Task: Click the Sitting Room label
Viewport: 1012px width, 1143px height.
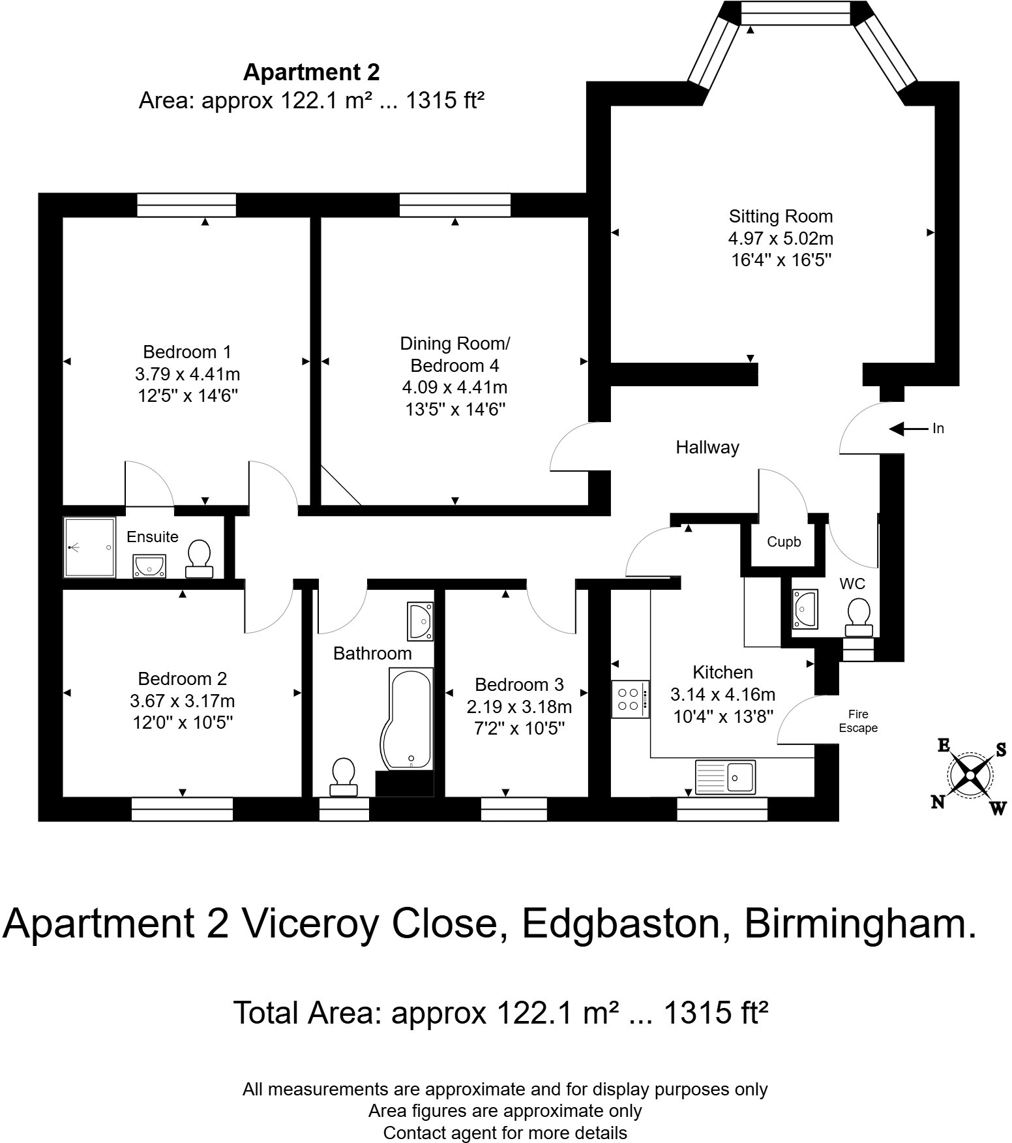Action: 781,217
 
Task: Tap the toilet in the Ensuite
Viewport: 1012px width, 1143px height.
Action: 199,559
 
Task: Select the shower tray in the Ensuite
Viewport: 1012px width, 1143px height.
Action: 90,547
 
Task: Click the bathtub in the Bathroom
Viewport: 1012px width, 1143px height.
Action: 407,718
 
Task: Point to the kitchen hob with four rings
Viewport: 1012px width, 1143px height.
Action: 630,699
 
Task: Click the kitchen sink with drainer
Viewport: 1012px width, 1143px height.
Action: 725,776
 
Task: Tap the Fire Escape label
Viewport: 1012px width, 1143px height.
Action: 857,722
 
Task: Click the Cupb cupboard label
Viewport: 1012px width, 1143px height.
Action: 784,541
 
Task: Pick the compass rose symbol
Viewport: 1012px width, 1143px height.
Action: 970,775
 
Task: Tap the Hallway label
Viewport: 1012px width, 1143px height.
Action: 707,448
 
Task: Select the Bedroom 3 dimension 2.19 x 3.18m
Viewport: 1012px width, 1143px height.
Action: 519,707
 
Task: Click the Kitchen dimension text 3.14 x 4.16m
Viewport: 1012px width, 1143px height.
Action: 722,694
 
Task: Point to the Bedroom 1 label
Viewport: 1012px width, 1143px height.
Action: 187,352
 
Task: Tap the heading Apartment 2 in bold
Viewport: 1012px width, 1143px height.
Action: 311,72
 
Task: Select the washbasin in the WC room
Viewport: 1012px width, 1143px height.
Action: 805,609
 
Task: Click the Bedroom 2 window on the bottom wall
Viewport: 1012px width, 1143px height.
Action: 182,809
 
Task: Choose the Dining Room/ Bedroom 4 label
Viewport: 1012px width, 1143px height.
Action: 454,354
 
